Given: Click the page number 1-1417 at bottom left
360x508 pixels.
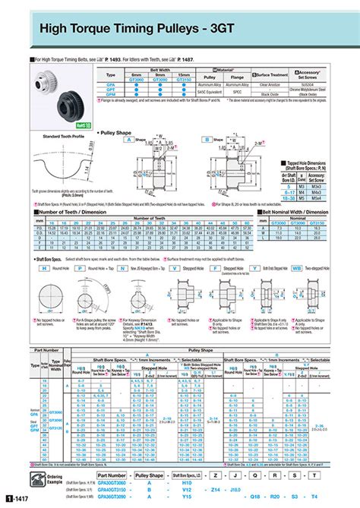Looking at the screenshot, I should click(17, 498).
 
